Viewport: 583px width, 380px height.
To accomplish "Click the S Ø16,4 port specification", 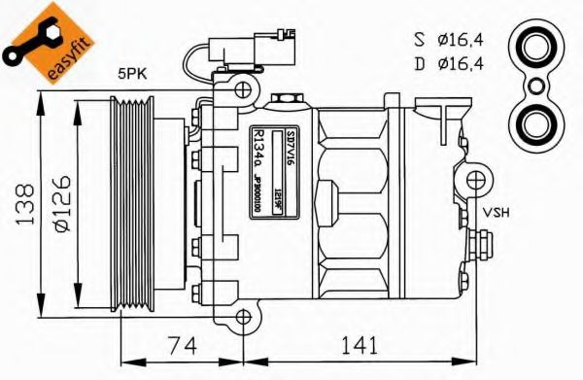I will [x=448, y=40].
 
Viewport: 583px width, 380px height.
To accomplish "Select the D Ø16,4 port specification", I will [x=448, y=65].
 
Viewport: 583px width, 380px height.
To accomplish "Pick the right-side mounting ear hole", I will [x=476, y=180].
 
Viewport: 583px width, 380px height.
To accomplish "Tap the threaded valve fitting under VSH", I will [x=477, y=242].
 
